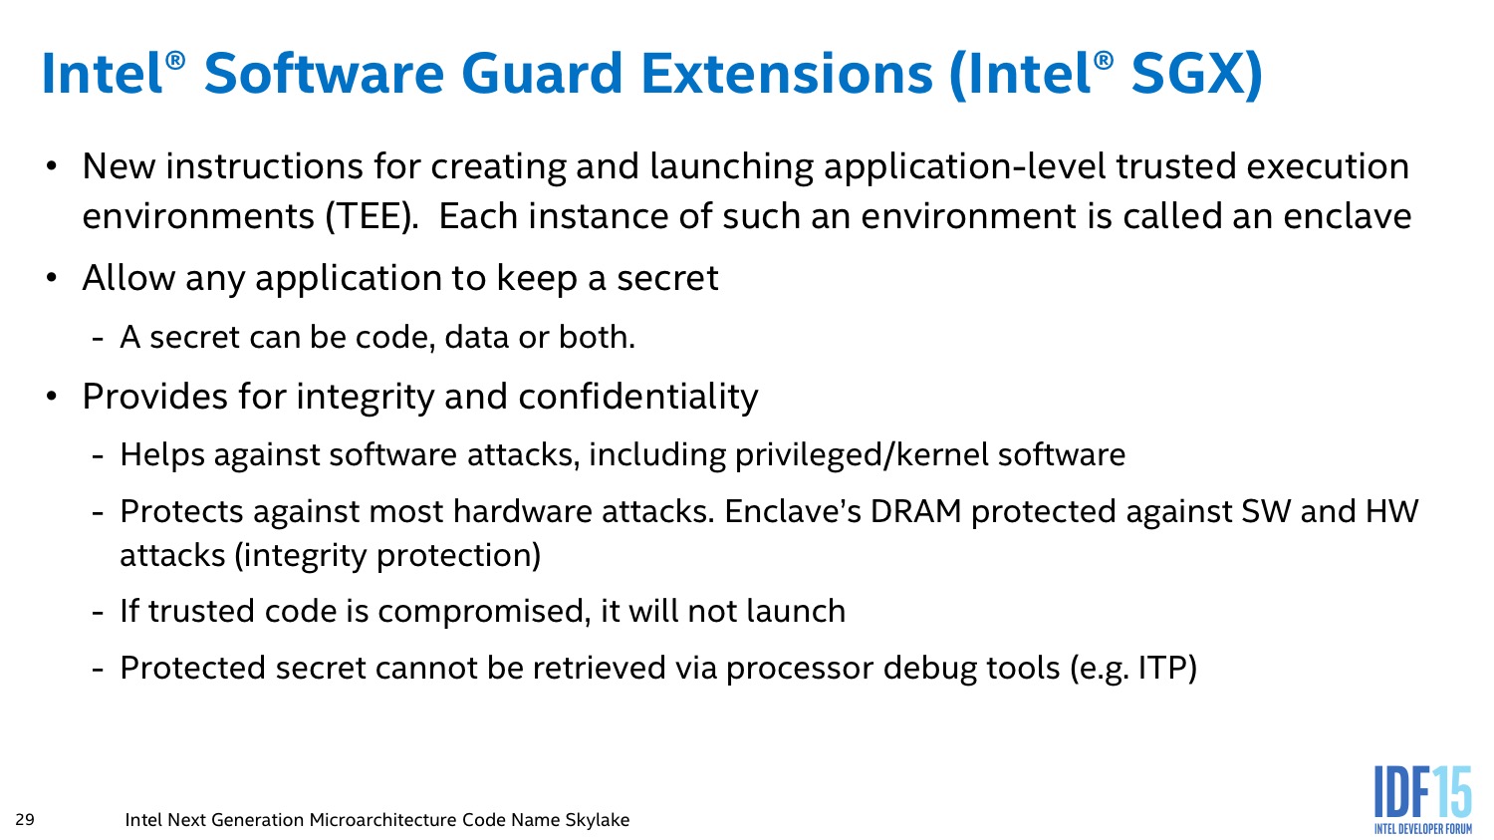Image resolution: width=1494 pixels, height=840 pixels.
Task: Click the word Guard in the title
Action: coord(542,74)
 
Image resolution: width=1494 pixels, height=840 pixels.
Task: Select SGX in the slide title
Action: coord(1187,74)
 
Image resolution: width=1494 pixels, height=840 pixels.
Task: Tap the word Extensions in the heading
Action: coord(787,74)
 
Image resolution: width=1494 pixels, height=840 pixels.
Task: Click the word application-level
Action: coord(964,167)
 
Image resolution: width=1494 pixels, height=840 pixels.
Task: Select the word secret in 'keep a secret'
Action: coord(667,279)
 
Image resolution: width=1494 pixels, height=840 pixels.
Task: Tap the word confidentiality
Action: coord(638,397)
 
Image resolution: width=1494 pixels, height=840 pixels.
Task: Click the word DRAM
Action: coord(915,512)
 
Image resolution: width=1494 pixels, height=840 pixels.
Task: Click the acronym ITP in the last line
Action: coord(1162,669)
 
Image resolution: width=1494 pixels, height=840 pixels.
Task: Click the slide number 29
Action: coord(25,819)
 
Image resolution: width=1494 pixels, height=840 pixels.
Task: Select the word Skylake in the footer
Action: coord(597,819)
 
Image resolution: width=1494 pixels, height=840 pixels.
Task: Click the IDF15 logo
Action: coord(1422,800)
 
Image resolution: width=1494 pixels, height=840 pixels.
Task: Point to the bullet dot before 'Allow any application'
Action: coord(52,278)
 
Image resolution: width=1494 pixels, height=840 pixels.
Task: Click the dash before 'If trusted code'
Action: coord(98,613)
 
